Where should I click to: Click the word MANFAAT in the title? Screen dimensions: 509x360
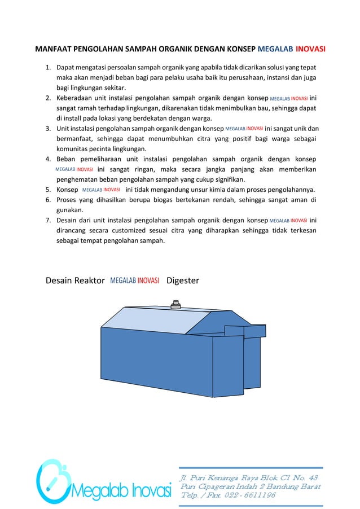[x=54, y=49]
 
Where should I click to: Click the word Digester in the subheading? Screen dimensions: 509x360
[x=183, y=280]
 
